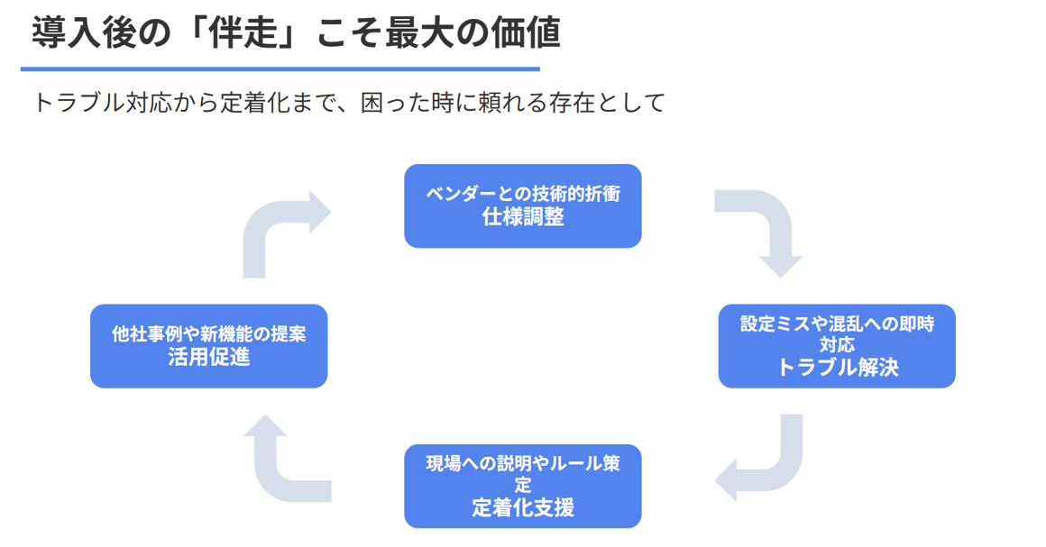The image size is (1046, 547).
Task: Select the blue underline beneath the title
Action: pyautogui.click(x=280, y=68)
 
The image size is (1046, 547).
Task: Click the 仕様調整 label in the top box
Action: pyautogui.click(x=523, y=216)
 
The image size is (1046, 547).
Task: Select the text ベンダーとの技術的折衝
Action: pyautogui.click(x=523, y=194)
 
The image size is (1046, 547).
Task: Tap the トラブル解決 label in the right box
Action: pyautogui.click(x=837, y=367)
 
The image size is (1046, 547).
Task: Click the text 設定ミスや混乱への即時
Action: pyautogui.click(x=837, y=324)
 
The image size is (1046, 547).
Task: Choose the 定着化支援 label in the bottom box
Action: pyautogui.click(x=523, y=507)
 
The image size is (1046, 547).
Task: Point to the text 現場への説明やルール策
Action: pyautogui.click(x=523, y=464)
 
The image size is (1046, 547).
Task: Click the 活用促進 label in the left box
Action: pyautogui.click(x=208, y=357)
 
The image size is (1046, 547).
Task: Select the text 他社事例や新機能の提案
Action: pyautogui.click(x=208, y=334)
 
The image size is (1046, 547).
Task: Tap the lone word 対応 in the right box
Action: pyautogui.click(x=837, y=344)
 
